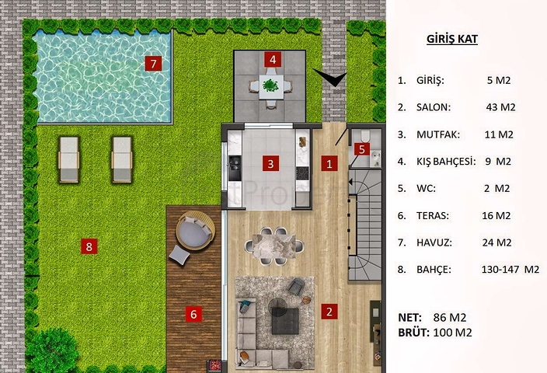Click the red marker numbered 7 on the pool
click(x=154, y=63)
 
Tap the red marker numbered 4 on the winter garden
click(x=271, y=59)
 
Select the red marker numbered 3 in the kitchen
click(x=270, y=163)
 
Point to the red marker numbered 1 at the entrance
click(x=329, y=163)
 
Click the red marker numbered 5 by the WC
click(x=361, y=149)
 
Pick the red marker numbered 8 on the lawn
click(x=89, y=246)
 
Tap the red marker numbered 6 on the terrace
click(x=194, y=314)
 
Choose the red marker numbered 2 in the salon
click(x=329, y=312)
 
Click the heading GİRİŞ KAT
click(x=452, y=40)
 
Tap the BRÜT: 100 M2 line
click(x=434, y=333)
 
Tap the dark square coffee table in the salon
click(x=284, y=320)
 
